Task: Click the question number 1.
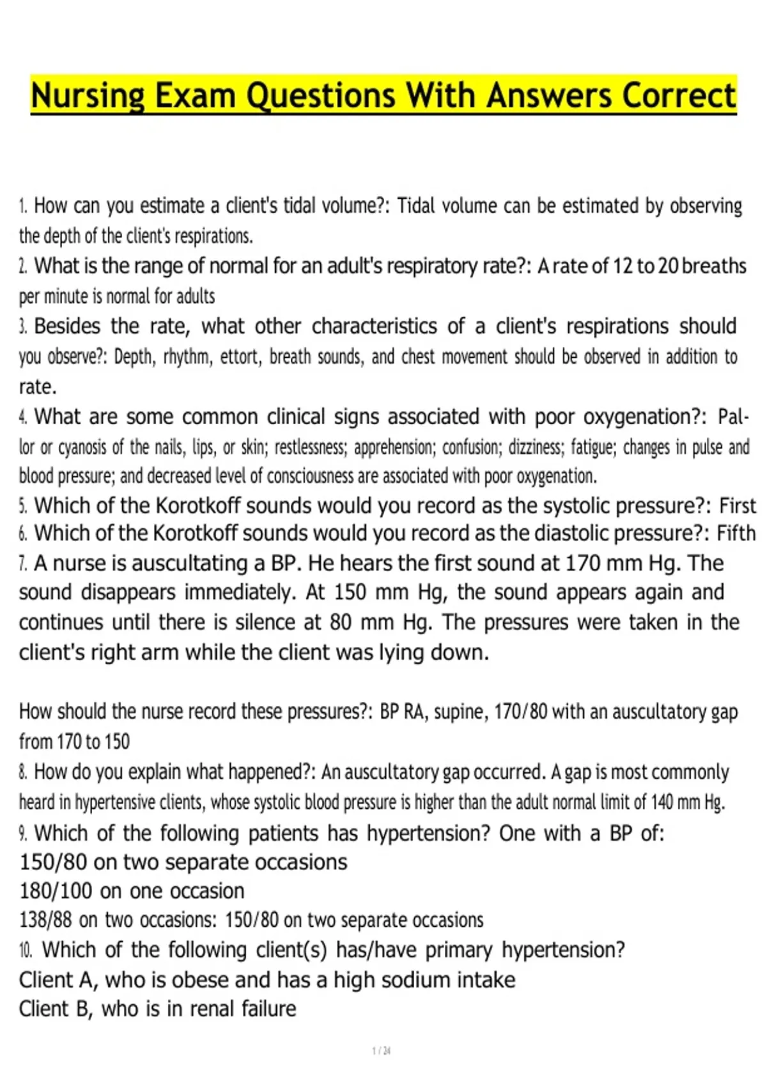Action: [22, 206]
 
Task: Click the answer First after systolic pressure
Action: [737, 505]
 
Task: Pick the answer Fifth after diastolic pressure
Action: [736, 533]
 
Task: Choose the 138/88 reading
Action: [45, 920]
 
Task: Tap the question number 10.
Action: [26, 950]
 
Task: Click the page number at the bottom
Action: [381, 1051]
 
